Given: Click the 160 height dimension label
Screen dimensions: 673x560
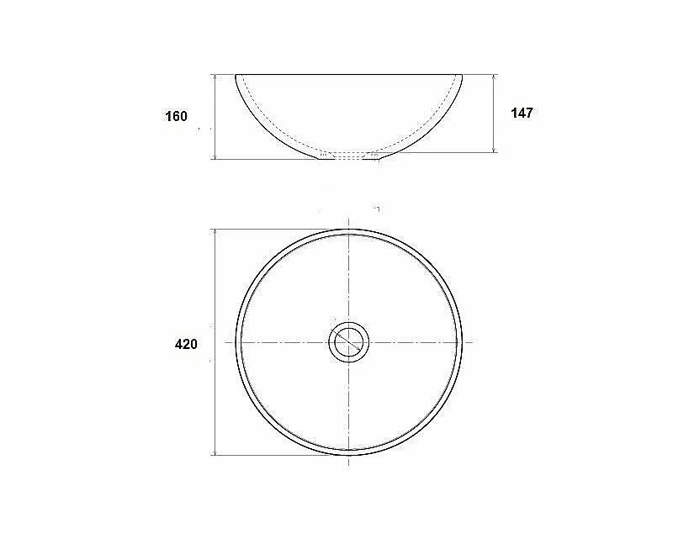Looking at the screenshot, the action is tap(177, 116).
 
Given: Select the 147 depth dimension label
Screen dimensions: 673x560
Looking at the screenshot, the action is tap(522, 113).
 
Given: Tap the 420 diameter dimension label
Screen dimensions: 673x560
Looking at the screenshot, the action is tap(186, 344).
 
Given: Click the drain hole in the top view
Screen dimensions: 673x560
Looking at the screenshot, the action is tap(349, 342).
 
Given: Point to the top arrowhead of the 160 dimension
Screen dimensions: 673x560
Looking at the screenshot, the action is tap(215, 77).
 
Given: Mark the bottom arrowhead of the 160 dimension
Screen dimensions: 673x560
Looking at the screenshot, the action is tap(215, 156).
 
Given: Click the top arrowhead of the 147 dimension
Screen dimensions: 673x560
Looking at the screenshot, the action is tap(495, 77).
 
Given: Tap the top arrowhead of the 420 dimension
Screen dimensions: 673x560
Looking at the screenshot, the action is tap(215, 232).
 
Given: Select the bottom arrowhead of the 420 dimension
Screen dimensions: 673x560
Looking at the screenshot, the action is tap(215, 452).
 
